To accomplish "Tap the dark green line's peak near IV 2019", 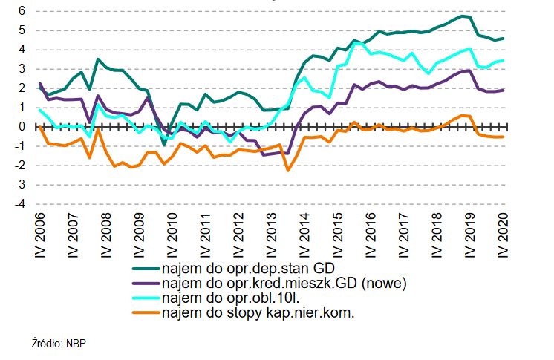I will (463, 16).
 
